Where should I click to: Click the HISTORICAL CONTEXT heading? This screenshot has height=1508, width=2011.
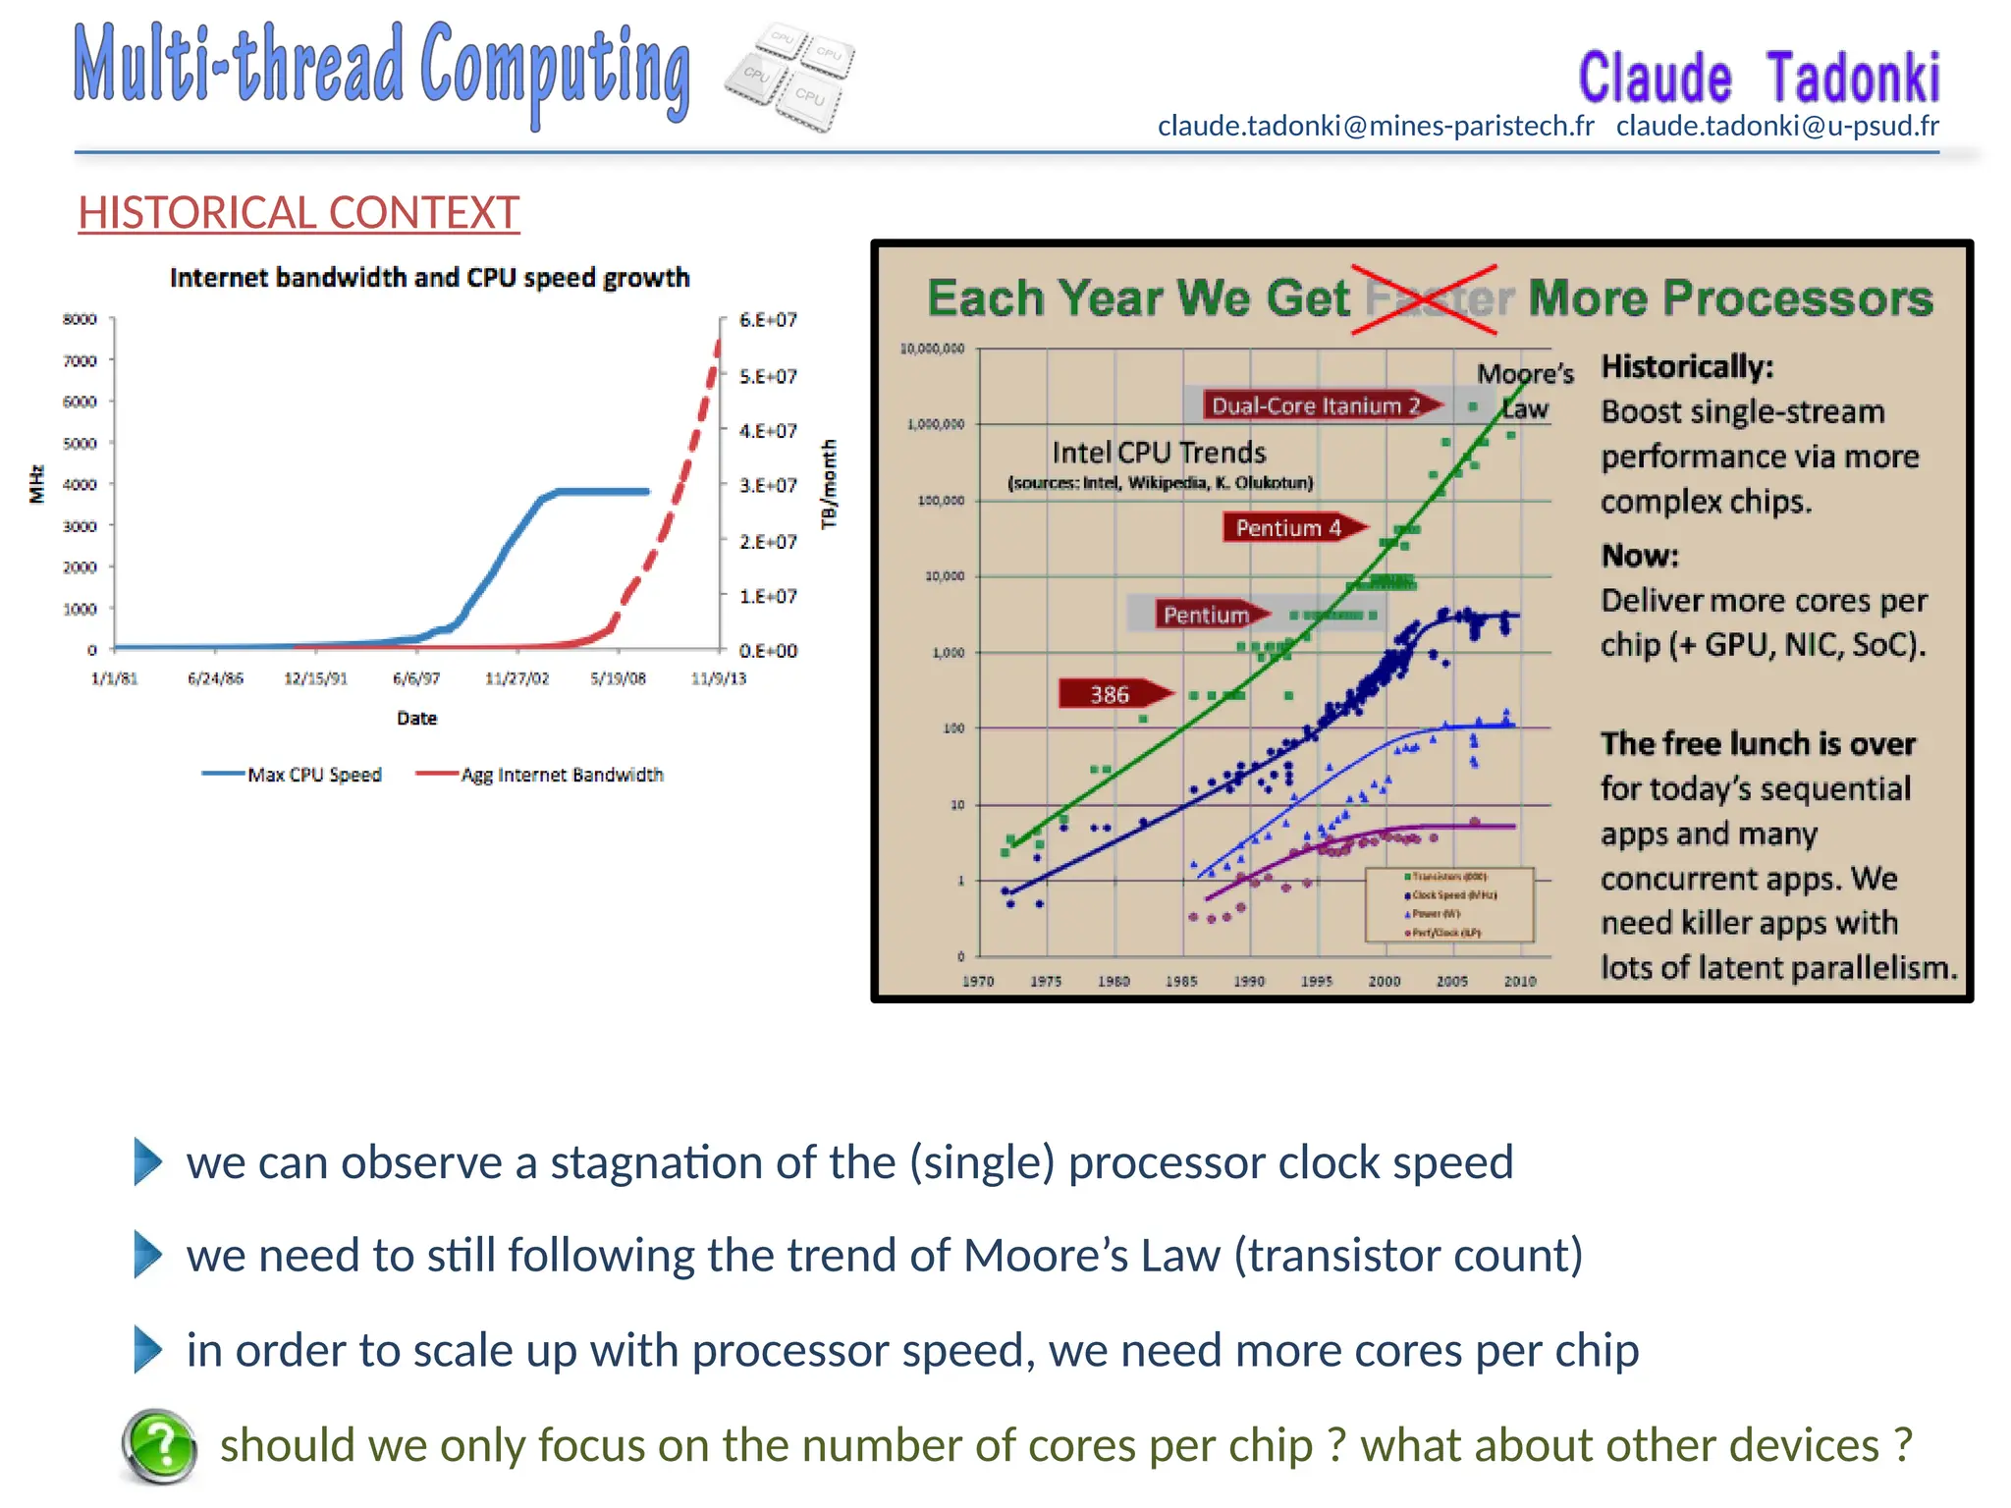click(x=299, y=213)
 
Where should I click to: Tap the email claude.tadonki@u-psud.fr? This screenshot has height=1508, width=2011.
click(x=1777, y=126)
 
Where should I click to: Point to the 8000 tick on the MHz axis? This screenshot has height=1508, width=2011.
click(x=80, y=319)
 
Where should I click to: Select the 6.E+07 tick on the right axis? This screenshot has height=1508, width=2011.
click(x=768, y=320)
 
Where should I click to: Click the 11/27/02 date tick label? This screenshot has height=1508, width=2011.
click(x=516, y=678)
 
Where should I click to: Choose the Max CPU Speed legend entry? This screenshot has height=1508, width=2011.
click(x=293, y=775)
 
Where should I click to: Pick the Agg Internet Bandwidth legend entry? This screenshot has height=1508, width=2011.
click(x=540, y=775)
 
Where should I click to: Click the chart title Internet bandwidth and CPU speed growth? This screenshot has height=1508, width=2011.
click(x=429, y=278)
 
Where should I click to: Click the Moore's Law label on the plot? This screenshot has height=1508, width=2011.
click(x=1525, y=390)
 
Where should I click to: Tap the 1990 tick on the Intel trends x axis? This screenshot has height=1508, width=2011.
click(x=1249, y=981)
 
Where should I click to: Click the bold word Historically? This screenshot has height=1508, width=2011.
click(x=1687, y=366)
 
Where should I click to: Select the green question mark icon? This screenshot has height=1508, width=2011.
click(x=160, y=1445)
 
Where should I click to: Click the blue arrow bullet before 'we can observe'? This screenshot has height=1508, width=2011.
click(x=147, y=1162)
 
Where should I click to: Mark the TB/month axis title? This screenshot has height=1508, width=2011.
click(x=830, y=484)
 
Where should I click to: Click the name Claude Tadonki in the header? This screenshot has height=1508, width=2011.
click(x=1758, y=79)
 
